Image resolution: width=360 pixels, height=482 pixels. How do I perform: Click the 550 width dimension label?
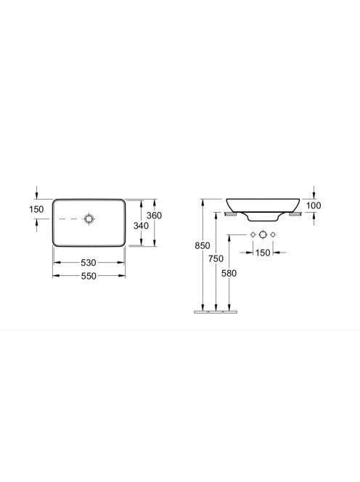click(89, 276)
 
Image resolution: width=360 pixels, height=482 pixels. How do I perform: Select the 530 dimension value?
click(89, 263)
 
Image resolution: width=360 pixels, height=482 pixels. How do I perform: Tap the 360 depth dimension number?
click(154, 216)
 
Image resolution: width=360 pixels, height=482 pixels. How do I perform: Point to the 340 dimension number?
click(141, 226)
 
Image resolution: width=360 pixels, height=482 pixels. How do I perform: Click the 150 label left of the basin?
click(36, 209)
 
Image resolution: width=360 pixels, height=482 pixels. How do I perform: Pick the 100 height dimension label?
click(314, 205)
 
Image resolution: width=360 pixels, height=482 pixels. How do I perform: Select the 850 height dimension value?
click(202, 245)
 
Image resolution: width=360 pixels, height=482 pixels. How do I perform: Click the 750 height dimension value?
click(216, 259)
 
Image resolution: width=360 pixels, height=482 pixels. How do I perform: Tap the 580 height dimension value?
click(229, 273)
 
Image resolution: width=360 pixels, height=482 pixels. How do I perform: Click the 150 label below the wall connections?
click(263, 253)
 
